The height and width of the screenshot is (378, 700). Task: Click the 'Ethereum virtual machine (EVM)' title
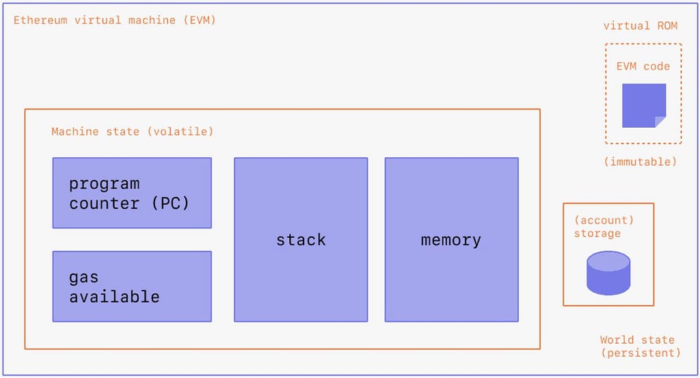[x=115, y=21]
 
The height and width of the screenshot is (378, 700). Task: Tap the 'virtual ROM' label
[x=640, y=26]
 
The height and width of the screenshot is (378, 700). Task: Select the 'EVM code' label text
[x=643, y=66]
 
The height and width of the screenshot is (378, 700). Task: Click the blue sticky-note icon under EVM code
[x=644, y=105]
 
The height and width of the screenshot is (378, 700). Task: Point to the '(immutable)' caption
[x=640, y=161]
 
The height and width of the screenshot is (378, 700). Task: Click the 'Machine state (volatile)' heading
[x=132, y=132]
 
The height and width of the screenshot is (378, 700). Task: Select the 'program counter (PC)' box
[x=132, y=193]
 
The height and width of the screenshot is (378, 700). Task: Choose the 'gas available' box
[x=132, y=286]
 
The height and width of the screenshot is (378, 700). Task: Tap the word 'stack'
[x=301, y=240]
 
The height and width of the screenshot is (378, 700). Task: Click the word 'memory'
[x=451, y=241]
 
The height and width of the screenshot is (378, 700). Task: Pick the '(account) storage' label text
[x=604, y=227]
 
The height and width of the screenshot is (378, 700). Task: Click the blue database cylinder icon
[x=608, y=273]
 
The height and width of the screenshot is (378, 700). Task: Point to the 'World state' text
[x=637, y=340]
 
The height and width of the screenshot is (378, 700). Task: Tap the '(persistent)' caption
[x=641, y=353]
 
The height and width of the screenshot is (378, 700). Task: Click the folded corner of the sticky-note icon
[x=660, y=122]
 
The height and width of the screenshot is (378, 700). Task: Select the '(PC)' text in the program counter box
[x=170, y=204]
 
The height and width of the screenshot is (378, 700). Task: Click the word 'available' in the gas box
[x=114, y=297]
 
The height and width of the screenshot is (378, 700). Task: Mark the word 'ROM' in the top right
[x=667, y=26]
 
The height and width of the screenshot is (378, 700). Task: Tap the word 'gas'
[x=83, y=278]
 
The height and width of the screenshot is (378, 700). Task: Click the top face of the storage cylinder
[x=608, y=261]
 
